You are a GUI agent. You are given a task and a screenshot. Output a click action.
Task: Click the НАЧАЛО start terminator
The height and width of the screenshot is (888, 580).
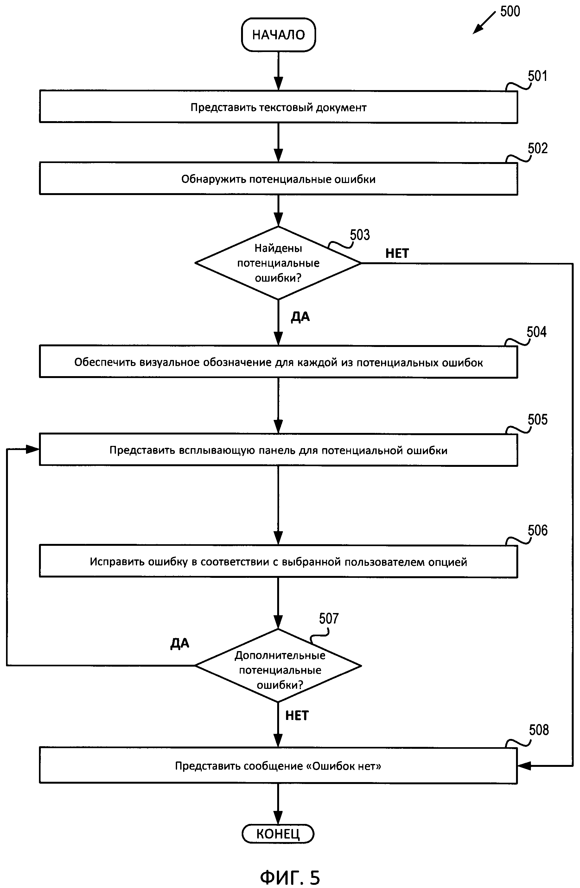278,35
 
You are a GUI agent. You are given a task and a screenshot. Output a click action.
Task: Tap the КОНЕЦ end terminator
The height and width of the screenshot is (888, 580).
278,834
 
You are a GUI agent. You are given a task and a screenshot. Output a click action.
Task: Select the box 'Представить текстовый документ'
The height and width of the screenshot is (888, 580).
278,107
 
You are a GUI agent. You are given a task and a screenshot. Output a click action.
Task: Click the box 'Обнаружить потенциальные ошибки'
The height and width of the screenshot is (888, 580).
278,179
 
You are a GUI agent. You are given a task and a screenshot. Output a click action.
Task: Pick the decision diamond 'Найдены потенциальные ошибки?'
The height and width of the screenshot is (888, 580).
278,263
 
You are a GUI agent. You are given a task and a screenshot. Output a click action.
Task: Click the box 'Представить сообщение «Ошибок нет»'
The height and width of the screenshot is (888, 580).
278,766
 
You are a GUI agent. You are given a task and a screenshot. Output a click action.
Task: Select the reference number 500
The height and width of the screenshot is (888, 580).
510,11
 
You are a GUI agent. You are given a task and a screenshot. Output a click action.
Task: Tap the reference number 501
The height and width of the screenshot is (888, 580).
537,76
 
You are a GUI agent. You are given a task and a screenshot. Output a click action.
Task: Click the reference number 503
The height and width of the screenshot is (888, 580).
360,235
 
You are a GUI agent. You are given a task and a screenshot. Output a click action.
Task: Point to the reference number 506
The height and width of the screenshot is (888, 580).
538,531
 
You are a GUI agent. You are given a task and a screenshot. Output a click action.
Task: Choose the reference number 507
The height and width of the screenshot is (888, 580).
329,619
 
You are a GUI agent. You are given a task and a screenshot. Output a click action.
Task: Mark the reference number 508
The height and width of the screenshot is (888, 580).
539,730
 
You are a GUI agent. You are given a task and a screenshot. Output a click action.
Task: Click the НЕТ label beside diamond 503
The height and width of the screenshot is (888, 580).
397,253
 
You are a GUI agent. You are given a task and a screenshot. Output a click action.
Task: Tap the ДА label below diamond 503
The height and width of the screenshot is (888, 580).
300,317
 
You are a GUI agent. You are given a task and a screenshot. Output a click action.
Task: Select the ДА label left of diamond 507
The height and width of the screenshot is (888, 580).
180,643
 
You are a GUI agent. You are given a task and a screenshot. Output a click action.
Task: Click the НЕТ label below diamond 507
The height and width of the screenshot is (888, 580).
297,715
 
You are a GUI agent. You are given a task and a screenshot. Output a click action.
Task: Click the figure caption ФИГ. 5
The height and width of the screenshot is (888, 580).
290,877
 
